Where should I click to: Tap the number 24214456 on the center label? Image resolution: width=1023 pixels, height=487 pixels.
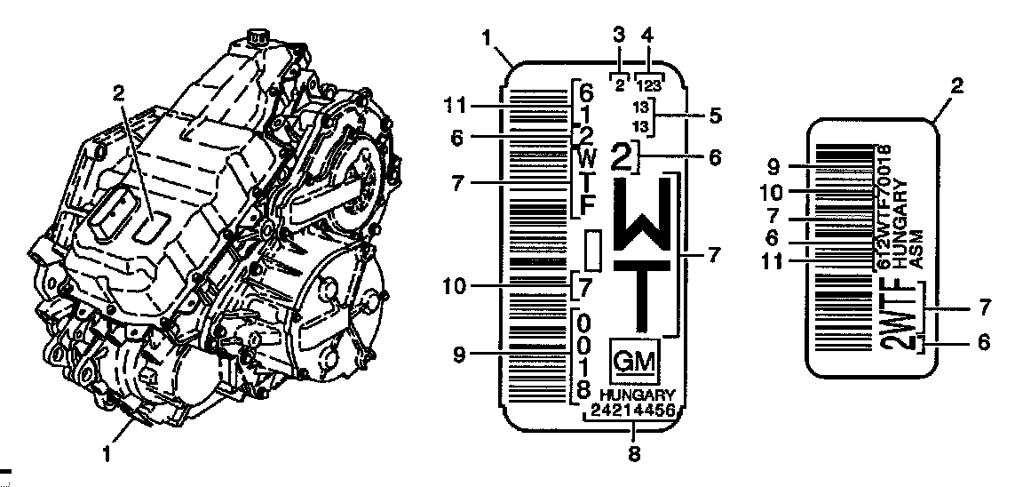click(x=633, y=410)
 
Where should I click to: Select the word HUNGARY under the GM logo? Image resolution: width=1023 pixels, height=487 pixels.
click(x=638, y=395)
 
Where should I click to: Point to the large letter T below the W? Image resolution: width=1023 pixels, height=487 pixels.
click(x=643, y=297)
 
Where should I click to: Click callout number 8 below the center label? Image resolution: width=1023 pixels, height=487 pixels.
click(x=633, y=453)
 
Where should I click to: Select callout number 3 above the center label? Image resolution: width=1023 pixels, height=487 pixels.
click(x=619, y=37)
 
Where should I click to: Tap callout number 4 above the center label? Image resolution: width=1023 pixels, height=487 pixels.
click(x=647, y=37)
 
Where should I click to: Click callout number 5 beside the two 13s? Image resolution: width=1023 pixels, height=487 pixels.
click(x=714, y=116)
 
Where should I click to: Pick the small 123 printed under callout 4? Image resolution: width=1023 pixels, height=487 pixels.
click(x=648, y=84)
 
